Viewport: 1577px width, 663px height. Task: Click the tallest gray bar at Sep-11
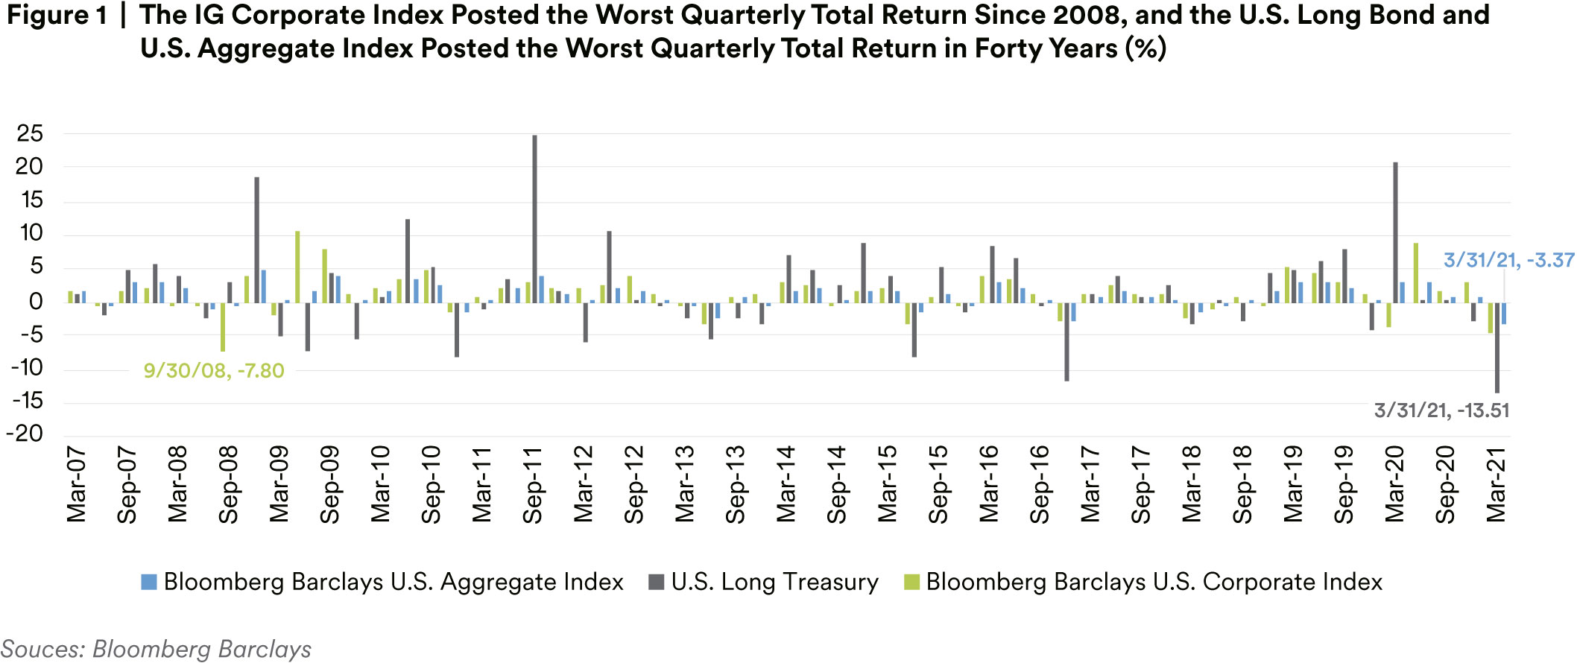[x=534, y=219]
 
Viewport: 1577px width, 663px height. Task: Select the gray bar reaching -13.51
[x=1497, y=347]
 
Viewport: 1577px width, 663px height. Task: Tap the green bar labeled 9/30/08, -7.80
[x=223, y=326]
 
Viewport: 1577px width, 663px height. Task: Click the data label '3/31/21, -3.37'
[x=1508, y=260]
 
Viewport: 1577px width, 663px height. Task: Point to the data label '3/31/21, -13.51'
[x=1441, y=410]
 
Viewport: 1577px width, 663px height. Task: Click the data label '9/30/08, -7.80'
[x=214, y=370]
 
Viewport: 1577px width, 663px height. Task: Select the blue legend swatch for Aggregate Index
[x=149, y=582]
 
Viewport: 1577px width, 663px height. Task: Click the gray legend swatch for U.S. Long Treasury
[x=656, y=582]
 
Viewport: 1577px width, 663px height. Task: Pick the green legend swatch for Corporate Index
[x=911, y=582]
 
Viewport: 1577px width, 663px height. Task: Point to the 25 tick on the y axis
[x=30, y=134]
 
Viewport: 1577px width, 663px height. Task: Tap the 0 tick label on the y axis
[x=36, y=302]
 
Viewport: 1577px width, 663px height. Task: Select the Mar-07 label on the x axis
[x=76, y=484]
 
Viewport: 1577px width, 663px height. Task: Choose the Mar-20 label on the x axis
[x=1394, y=484]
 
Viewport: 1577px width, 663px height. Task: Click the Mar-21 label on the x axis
[x=1496, y=484]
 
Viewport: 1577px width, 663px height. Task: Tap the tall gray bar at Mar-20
[x=1395, y=232]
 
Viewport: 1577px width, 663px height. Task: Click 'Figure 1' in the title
[x=57, y=15]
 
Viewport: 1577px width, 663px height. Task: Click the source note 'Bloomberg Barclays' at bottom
[x=201, y=650]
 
